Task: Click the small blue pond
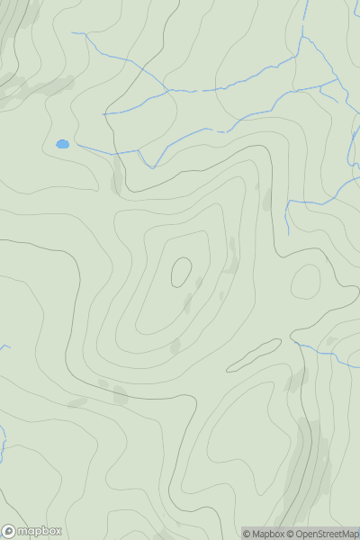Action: pyautogui.click(x=62, y=144)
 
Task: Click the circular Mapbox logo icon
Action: pyautogui.click(x=10, y=531)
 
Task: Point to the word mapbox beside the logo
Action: pyautogui.click(x=39, y=531)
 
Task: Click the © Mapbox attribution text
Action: pyautogui.click(x=263, y=534)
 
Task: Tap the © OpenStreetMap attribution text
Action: pyautogui.click(x=322, y=534)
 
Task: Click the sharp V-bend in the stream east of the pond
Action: pyautogui.click(x=151, y=167)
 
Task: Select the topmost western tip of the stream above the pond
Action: pyautogui.click(x=72, y=33)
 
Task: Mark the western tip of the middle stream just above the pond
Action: pyautogui.click(x=103, y=114)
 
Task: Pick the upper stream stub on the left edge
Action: pyautogui.click(x=4, y=346)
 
